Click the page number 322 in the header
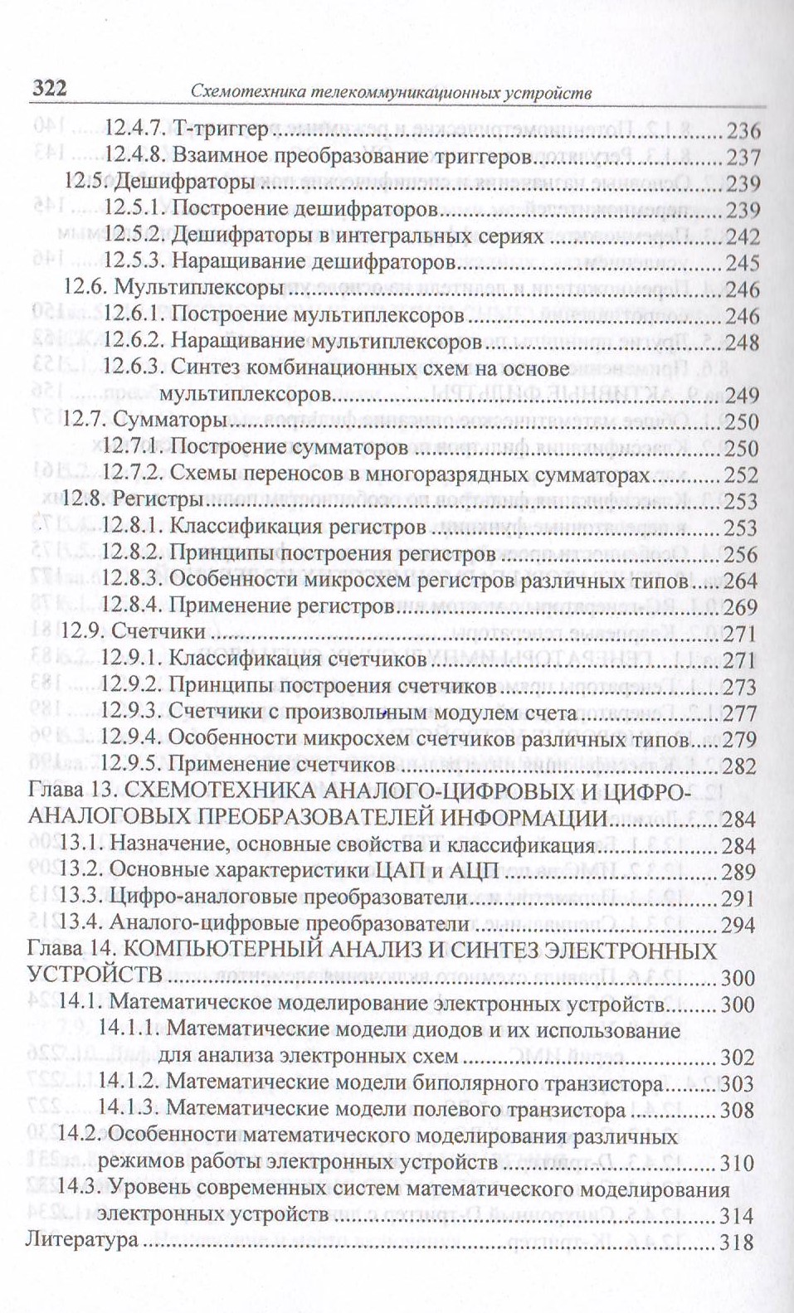(49, 89)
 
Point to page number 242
(742, 236)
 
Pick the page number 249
(742, 396)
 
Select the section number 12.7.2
(135, 474)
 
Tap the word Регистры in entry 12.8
(157, 501)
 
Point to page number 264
(740, 581)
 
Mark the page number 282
(740, 765)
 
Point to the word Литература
(82, 1242)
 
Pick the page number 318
(737, 1242)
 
